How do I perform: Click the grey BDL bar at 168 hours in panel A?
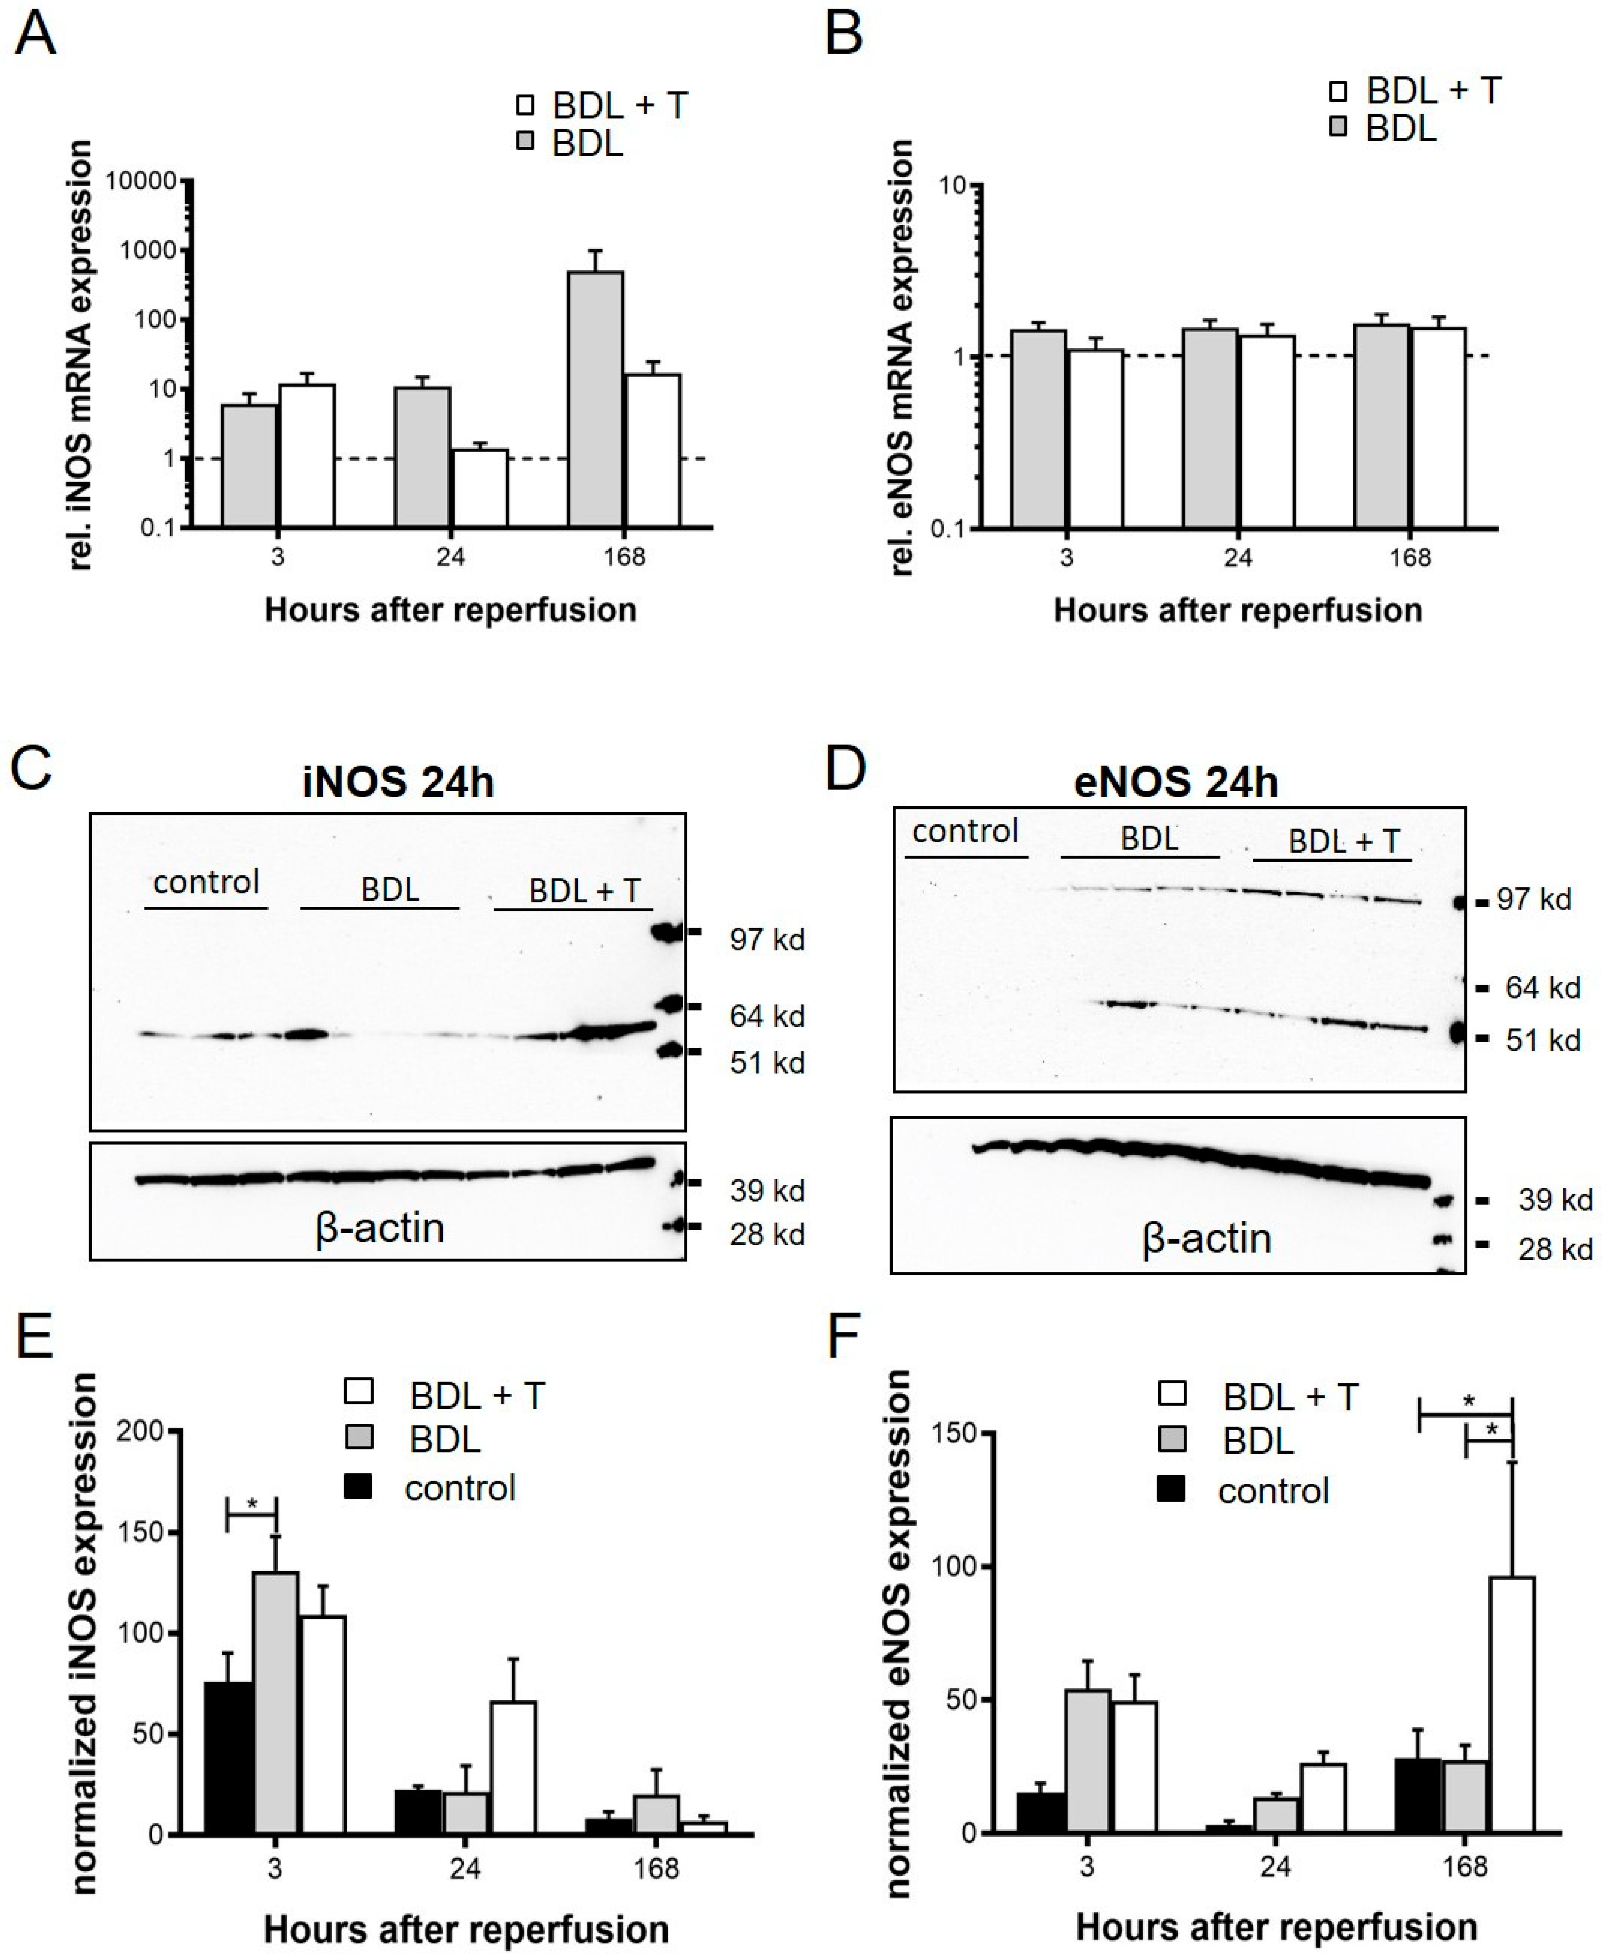click(x=595, y=400)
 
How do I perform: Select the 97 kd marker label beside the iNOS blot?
click(x=766, y=940)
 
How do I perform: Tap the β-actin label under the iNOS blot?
click(x=379, y=1228)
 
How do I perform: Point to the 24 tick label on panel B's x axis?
click(x=1238, y=558)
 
